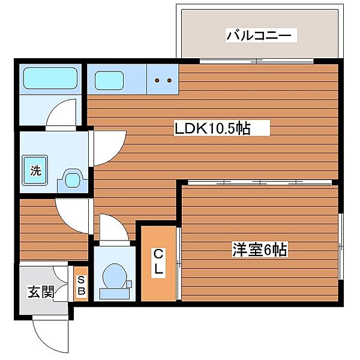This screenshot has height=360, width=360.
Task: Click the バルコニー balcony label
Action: point(260,36)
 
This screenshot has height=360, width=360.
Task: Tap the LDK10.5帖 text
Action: point(212,127)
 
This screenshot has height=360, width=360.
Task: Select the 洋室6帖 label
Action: point(259,249)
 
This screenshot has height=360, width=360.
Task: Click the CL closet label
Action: point(158,262)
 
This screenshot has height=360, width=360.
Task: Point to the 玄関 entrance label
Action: point(40,292)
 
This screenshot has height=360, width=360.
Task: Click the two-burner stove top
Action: point(163,79)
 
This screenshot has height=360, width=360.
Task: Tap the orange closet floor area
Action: point(158,282)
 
